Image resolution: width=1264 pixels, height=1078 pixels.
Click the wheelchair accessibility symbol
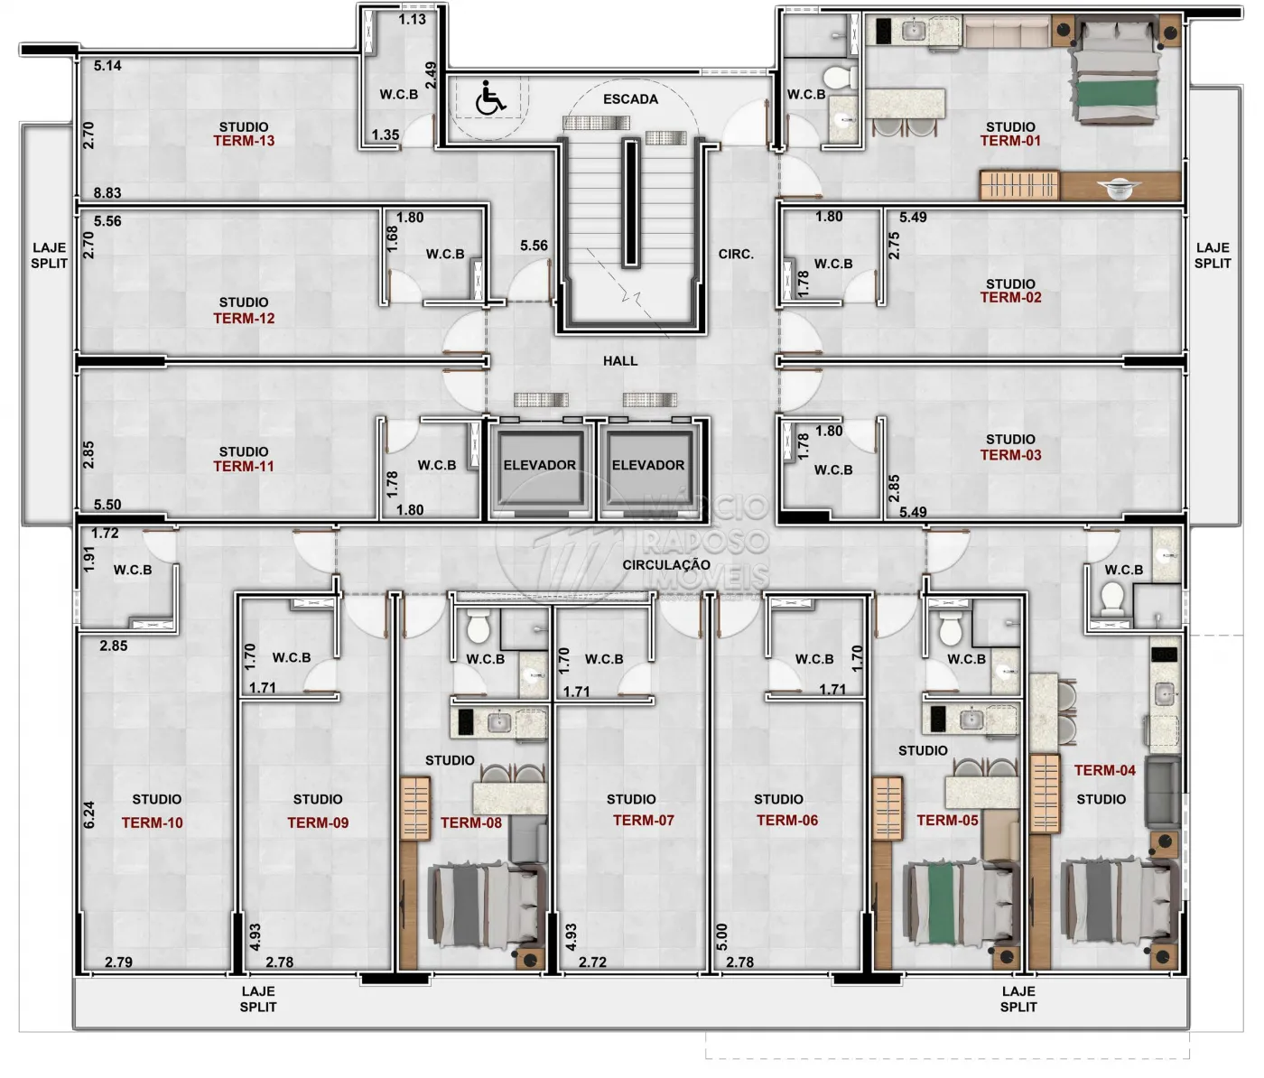point(490,98)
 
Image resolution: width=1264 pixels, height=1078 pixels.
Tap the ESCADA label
point(630,99)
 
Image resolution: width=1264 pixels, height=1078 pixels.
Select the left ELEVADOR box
point(539,467)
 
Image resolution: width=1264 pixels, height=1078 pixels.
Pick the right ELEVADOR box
point(648,467)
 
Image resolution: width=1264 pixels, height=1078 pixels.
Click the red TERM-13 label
point(244,141)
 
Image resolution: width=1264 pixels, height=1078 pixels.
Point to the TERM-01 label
point(1010,141)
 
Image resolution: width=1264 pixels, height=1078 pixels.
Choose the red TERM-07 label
point(644,821)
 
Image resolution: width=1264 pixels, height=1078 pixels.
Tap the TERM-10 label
point(153,823)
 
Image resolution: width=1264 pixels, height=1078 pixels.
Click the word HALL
point(620,361)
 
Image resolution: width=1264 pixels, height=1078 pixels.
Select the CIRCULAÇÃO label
point(666,564)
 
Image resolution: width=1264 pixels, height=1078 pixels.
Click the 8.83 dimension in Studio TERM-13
point(107,193)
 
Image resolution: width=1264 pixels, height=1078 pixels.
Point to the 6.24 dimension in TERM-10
point(89,815)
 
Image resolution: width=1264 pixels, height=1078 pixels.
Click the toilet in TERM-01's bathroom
point(840,79)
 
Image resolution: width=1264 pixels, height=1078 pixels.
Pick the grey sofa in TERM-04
point(1163,793)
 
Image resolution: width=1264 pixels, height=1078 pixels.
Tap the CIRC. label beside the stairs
point(736,255)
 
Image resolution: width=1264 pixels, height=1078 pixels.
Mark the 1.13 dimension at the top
point(413,20)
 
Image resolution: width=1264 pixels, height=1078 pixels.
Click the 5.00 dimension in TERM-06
point(721,937)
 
